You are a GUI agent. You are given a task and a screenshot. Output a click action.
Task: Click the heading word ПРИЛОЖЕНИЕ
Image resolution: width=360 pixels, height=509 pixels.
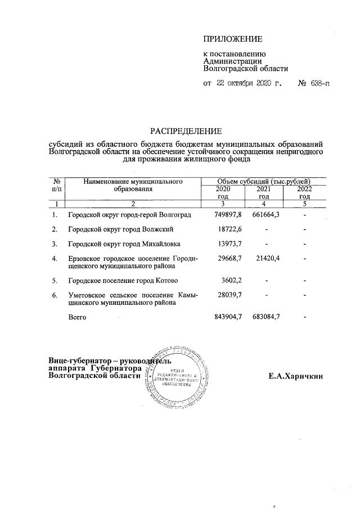232,39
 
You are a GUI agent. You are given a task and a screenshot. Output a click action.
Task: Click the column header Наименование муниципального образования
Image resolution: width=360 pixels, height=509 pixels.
133,186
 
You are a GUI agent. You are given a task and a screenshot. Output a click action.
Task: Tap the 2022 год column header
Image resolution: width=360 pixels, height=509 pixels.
304,193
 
